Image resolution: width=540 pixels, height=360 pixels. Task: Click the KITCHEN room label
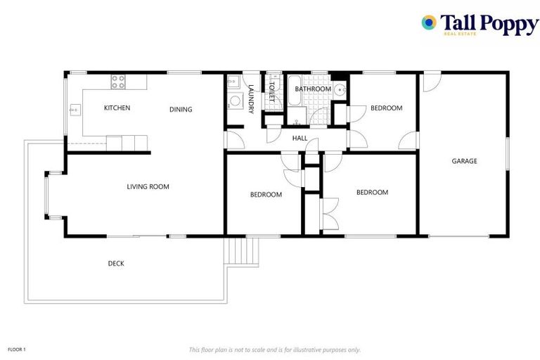coord(117,108)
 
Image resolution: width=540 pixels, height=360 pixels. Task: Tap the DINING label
coord(181,109)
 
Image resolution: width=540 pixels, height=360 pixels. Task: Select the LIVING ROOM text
coord(148,186)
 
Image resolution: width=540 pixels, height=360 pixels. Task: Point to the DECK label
coord(116,264)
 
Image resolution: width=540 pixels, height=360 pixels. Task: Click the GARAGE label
coord(464,161)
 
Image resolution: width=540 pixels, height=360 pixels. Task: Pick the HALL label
coord(300,138)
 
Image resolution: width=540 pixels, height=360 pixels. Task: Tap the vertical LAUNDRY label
coord(250,98)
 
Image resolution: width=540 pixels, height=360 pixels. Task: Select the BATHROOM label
coord(312,89)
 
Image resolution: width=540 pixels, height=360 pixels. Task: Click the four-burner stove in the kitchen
coord(118,82)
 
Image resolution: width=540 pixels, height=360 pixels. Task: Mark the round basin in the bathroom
coord(340,89)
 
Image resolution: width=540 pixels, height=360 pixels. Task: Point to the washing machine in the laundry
coord(234,103)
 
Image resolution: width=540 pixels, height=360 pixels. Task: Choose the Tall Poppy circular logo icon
coord(429,22)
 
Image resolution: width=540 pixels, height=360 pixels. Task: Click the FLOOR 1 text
coord(17,349)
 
